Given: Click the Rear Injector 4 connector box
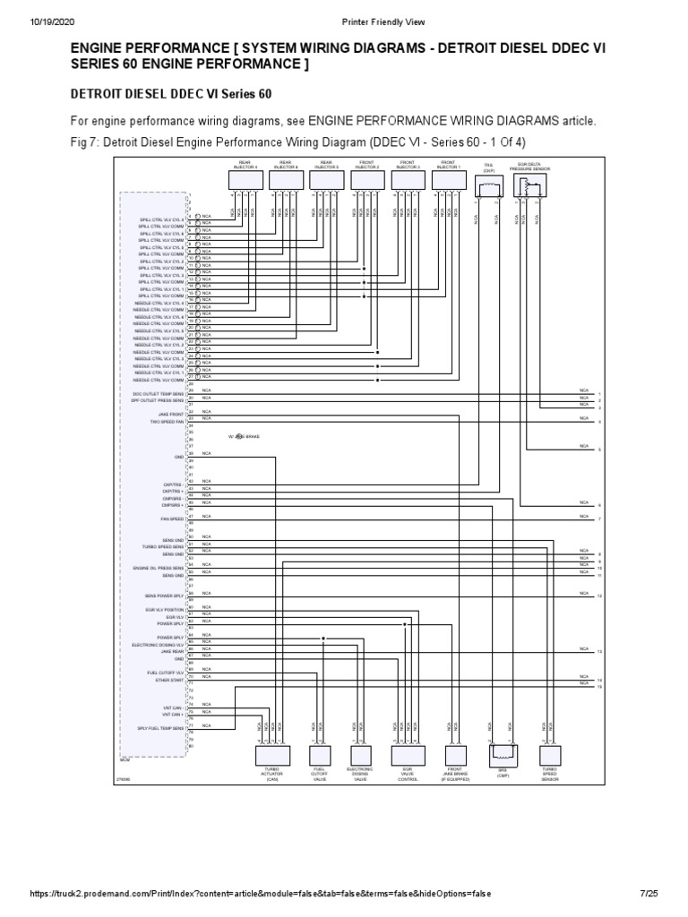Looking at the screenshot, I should (x=245, y=180).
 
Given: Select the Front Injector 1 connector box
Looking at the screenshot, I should (x=450, y=180).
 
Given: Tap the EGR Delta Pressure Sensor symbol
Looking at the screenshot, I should (x=529, y=185).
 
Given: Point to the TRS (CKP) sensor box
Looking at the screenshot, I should (x=488, y=185).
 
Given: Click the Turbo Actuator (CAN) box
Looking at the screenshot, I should (x=273, y=753).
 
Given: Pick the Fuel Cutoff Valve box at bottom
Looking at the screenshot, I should (x=319, y=753).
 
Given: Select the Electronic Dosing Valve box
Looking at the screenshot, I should (x=360, y=753).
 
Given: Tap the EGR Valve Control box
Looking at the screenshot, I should (x=408, y=753).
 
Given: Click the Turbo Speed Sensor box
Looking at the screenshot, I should (x=549, y=753).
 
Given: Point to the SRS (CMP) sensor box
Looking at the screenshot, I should (x=503, y=753).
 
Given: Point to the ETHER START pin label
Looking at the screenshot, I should (x=168, y=680).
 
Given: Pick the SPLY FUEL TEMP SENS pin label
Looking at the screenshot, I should (x=160, y=729).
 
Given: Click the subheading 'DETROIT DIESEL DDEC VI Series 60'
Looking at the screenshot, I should (x=170, y=93).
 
